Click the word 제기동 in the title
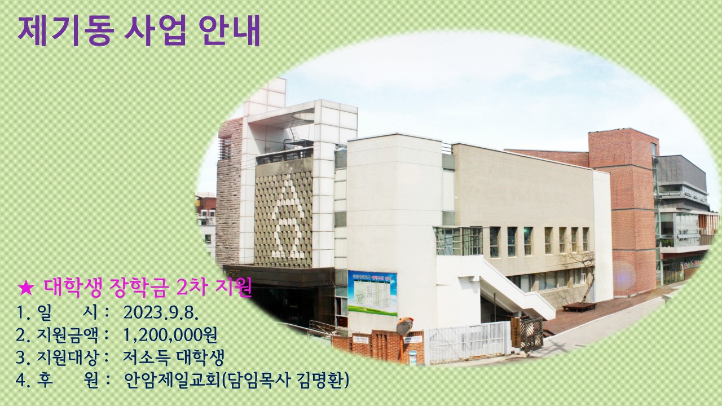pyautogui.click(x=66, y=30)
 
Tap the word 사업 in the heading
pyautogui.click(x=155, y=30)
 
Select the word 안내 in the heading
pyautogui.click(x=228, y=30)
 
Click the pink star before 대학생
pyautogui.click(x=26, y=288)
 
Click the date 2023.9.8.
pyautogui.click(x=161, y=312)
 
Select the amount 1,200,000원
pyautogui.click(x=170, y=335)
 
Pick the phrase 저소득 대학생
pyautogui.click(x=173, y=358)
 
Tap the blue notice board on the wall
pyautogui.click(x=372, y=293)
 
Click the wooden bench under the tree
pyautogui.click(x=580, y=306)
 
